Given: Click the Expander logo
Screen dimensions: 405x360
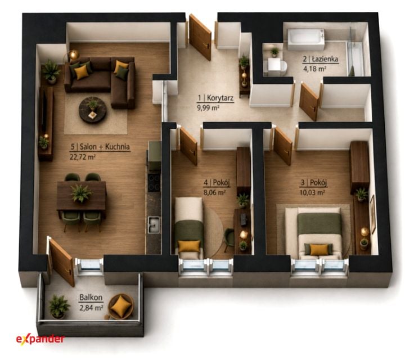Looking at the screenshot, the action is click(x=40, y=339).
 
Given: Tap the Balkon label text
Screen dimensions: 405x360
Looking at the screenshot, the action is click(x=91, y=297).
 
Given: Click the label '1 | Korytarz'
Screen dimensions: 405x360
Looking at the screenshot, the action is click(x=215, y=98).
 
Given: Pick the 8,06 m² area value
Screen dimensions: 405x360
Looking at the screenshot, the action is click(x=215, y=192).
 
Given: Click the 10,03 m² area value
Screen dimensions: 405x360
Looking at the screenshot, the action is click(x=312, y=192).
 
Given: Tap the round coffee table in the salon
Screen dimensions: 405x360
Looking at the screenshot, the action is click(x=93, y=110).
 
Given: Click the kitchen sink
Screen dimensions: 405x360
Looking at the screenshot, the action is click(x=154, y=225).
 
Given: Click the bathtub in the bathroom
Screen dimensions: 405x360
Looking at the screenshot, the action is click(x=306, y=40).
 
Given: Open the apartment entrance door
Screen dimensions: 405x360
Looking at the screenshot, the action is click(x=200, y=37).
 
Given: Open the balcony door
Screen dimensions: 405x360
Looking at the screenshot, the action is click(x=62, y=262).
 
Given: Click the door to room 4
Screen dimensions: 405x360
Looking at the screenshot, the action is click(x=188, y=146).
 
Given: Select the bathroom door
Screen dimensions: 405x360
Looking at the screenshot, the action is click(x=309, y=102).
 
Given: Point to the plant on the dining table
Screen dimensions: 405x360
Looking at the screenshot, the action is click(x=82, y=192).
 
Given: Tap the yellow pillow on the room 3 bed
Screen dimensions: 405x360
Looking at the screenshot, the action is click(x=319, y=250).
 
